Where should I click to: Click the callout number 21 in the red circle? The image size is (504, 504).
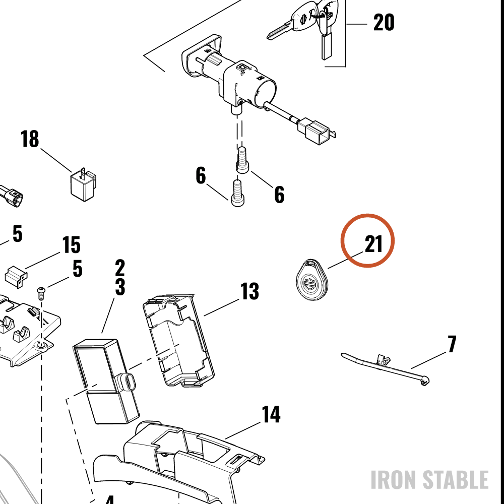[373, 244]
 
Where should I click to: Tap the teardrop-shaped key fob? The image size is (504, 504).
[311, 280]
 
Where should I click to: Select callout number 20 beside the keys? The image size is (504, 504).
[384, 23]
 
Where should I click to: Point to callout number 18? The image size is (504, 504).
[30, 139]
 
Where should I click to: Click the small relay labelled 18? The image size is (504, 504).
[84, 184]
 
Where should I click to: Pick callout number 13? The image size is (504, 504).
[250, 291]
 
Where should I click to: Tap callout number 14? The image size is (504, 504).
[271, 414]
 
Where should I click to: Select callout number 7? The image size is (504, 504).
[452, 344]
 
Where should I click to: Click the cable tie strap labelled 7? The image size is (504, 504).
[386, 367]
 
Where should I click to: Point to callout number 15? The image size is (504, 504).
[71, 245]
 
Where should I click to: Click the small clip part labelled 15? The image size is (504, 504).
[16, 276]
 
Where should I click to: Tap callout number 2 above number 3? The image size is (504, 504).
[120, 268]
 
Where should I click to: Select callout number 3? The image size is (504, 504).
[120, 287]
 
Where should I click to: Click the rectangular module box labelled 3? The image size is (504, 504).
[106, 381]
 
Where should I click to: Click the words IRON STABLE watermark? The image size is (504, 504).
[430, 480]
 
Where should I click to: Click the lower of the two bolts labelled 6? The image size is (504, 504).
[237, 193]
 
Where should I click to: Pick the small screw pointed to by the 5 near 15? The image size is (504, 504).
[41, 293]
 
